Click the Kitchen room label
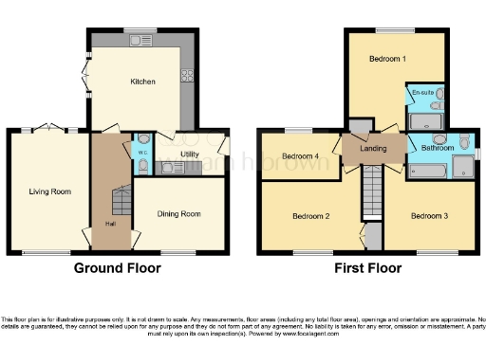click(x=142, y=82)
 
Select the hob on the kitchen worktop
click(x=189, y=77)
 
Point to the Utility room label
click(x=190, y=154)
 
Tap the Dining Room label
click(x=178, y=214)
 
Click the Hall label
click(x=110, y=225)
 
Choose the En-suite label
click(x=423, y=92)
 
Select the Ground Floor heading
click(x=117, y=268)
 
